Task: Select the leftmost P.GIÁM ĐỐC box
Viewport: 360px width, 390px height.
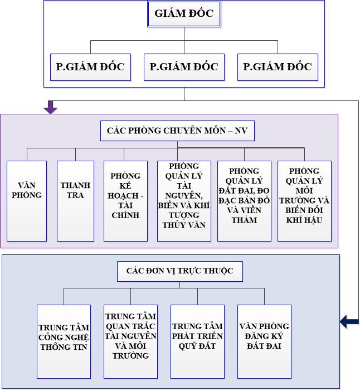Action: tap(90, 68)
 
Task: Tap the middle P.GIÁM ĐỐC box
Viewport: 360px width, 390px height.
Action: tap(184, 68)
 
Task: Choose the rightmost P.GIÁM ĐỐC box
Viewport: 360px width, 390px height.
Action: tap(278, 68)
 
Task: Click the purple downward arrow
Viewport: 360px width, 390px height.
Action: tap(51, 107)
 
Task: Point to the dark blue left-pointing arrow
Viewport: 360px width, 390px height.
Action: tap(349, 321)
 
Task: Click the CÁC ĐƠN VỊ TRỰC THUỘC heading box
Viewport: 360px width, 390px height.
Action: tap(176, 272)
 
